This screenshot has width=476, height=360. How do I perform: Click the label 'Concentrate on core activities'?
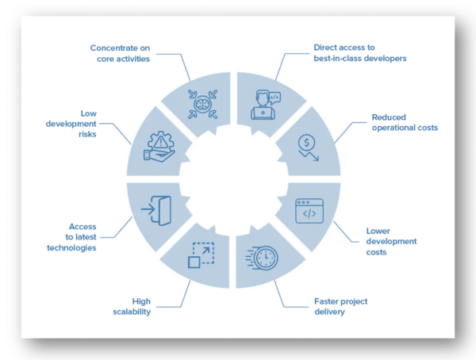pyautogui.click(x=131, y=53)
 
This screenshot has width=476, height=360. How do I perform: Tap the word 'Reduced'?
pyautogui.click(x=390, y=117)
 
